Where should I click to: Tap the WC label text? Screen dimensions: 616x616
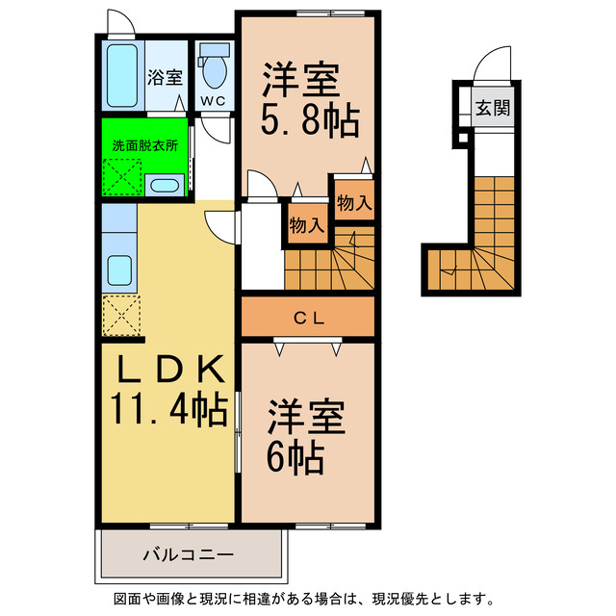(x=213, y=100)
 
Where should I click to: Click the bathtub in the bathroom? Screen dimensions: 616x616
(x=120, y=75)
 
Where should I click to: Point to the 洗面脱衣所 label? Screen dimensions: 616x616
(x=145, y=147)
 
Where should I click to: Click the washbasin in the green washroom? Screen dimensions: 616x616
(x=164, y=185)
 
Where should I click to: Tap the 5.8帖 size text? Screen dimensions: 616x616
(x=311, y=121)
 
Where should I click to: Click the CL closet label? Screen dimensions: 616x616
(x=307, y=317)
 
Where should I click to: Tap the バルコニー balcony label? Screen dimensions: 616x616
(x=188, y=554)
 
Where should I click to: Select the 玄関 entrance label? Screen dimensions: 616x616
(x=492, y=108)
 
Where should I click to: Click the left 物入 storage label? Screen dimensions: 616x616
(x=306, y=227)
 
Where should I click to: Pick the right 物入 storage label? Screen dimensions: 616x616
(x=353, y=202)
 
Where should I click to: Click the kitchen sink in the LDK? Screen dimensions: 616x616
(x=119, y=270)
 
